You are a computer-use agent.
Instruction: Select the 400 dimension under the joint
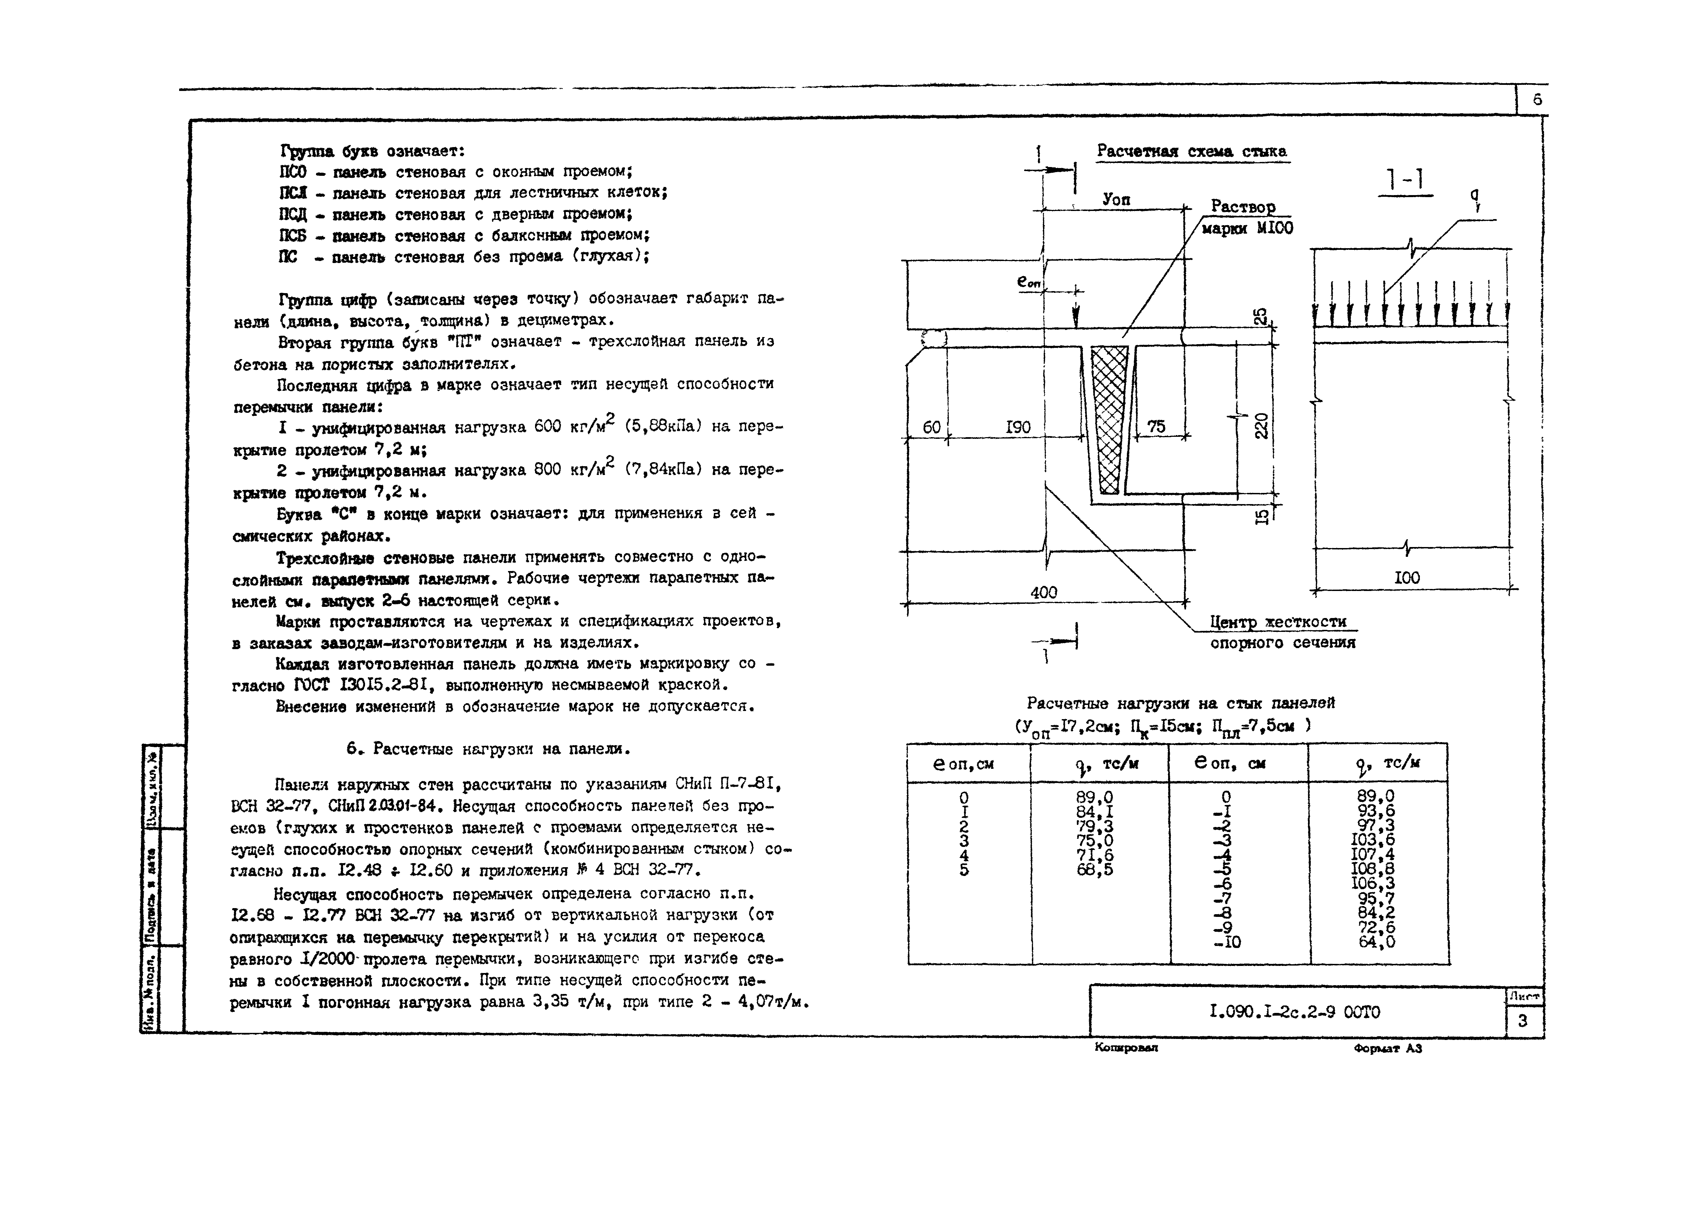(1043, 592)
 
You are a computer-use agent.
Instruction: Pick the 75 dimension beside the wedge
(1156, 427)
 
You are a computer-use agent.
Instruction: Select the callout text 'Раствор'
(1243, 206)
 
